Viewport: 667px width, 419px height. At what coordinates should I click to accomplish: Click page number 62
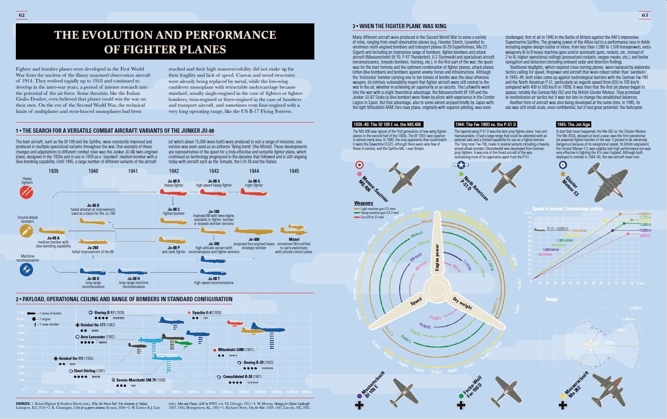pyautogui.click(x=22, y=15)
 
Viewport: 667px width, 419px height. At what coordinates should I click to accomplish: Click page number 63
pyautogui.click(x=645, y=15)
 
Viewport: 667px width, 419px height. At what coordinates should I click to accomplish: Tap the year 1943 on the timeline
pyautogui.click(x=214, y=171)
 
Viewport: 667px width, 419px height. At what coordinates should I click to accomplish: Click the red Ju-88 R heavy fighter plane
pyautogui.click(x=173, y=192)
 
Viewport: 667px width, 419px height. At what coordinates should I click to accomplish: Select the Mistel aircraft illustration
pyautogui.click(x=294, y=230)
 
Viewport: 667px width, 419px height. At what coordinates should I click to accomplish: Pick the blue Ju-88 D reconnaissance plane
pyautogui.click(x=92, y=272)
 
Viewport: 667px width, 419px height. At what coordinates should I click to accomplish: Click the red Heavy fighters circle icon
pyautogui.click(x=26, y=192)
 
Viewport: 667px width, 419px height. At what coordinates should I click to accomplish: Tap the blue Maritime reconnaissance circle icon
pyautogui.click(x=26, y=269)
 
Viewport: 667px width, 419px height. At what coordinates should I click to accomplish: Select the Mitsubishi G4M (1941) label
pyautogui.click(x=236, y=350)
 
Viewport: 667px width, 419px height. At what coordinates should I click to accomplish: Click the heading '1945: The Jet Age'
pyautogui.click(x=573, y=124)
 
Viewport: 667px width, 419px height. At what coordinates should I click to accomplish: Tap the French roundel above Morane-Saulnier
pyautogui.click(x=360, y=165)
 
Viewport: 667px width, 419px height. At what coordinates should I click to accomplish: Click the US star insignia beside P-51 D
pyautogui.click(x=461, y=165)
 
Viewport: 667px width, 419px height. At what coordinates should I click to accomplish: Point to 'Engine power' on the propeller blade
pyautogui.click(x=437, y=258)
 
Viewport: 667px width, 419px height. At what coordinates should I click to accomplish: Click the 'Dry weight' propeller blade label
pyautogui.click(x=462, y=303)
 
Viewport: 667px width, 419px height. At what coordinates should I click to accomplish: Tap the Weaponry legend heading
pyautogui.click(x=364, y=203)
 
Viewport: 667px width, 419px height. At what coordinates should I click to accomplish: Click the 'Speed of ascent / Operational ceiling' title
pyautogui.click(x=567, y=209)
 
